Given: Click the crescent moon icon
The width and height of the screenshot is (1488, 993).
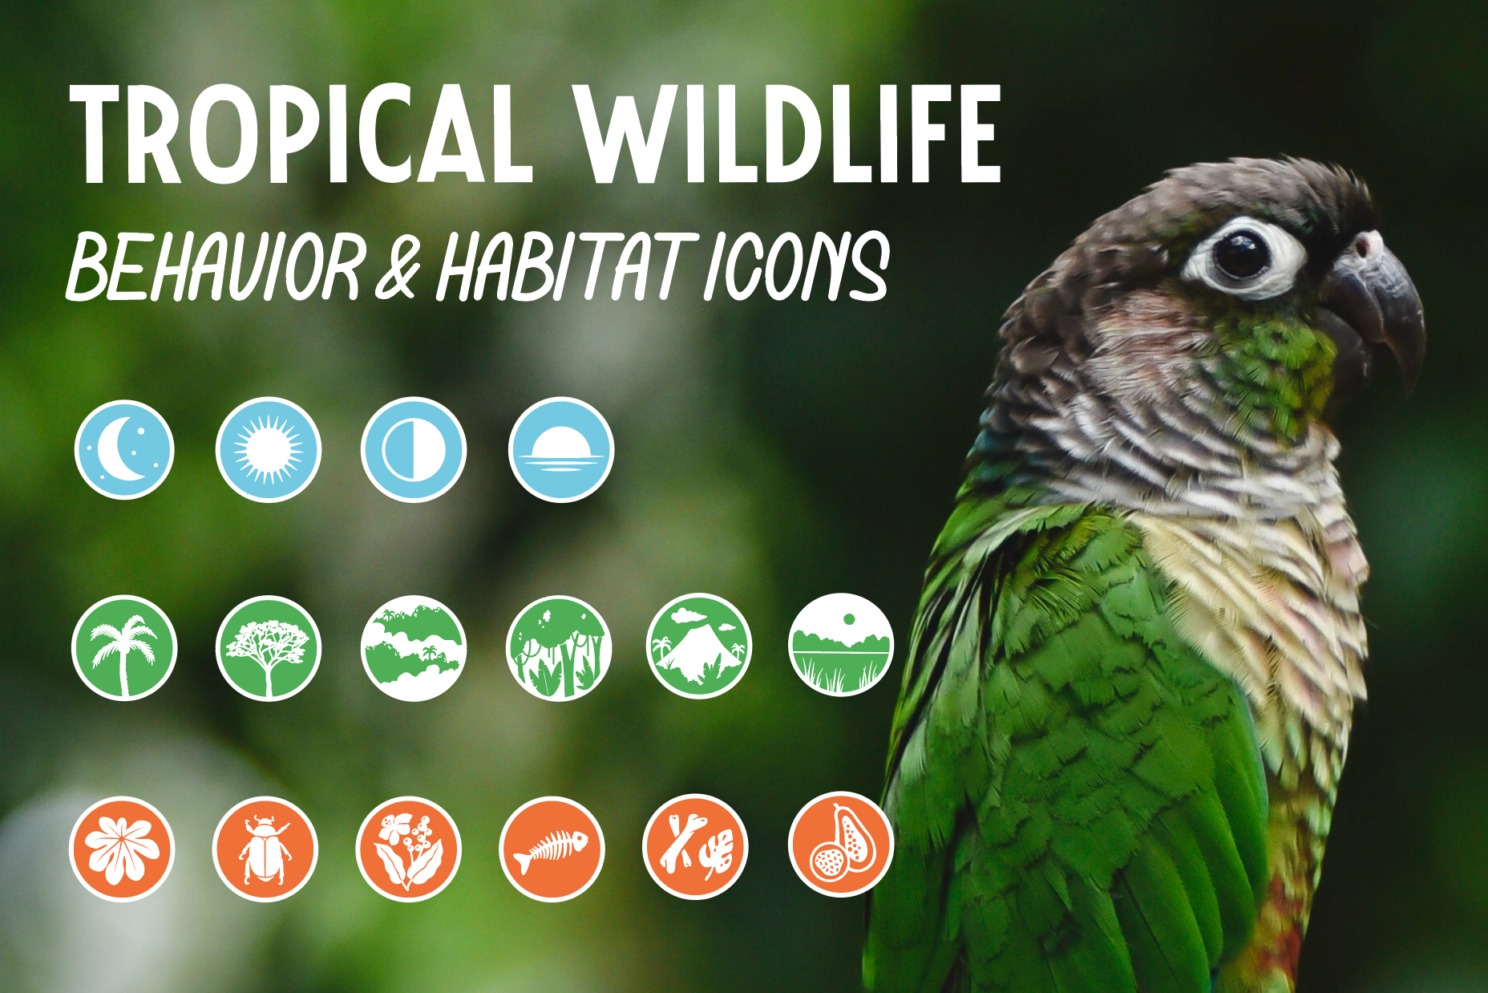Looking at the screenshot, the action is [124, 449].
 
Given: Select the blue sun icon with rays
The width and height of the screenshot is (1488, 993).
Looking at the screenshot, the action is [269, 449].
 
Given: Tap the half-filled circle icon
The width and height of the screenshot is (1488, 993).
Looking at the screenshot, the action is [413, 449].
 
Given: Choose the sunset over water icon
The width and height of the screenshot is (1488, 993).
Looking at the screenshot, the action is [561, 449].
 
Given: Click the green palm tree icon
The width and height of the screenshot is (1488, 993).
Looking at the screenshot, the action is [124, 647].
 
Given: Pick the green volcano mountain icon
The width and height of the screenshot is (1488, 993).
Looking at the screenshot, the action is [699, 646].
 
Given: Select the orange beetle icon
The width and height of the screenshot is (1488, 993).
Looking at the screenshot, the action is [265, 849].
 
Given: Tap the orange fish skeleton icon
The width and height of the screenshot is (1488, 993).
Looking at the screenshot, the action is [552, 849].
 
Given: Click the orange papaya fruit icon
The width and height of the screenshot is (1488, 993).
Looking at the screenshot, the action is [841, 844].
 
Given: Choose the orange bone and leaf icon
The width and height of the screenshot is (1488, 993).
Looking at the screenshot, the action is [695, 847].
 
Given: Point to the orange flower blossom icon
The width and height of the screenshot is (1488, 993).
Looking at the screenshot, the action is [122, 849].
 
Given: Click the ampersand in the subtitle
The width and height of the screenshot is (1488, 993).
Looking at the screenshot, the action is [398, 267].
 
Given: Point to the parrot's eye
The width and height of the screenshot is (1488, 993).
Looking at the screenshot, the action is [1241, 255].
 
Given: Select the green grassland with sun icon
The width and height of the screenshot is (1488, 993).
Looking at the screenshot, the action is [841, 645].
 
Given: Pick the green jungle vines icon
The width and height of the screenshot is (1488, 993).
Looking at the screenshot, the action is [559, 647].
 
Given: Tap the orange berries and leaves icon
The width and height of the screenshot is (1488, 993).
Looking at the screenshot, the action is [409, 849].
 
